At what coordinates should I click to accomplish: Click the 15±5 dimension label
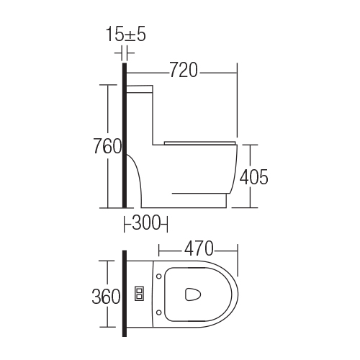tap(126, 35)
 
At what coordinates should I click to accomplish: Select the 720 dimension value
tap(184, 70)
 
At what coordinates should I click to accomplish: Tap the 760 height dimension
tap(107, 146)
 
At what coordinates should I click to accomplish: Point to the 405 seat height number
tap(254, 177)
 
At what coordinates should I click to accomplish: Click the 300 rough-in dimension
tap(146, 222)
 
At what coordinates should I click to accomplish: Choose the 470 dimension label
tap(199, 248)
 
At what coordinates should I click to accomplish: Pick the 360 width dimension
tap(106, 296)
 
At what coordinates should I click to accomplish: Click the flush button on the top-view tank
tap(140, 293)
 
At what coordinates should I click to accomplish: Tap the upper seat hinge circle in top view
tap(158, 276)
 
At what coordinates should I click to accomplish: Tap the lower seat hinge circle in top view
tap(158, 312)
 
